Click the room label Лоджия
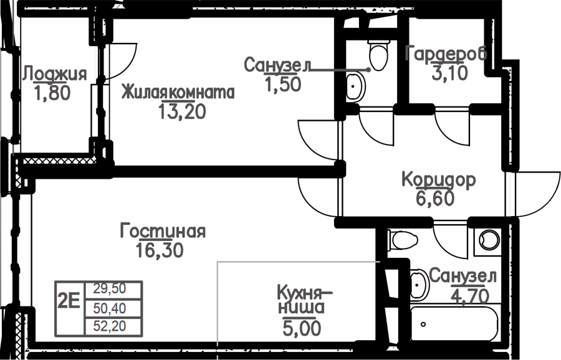pyautogui.click(x=54, y=74)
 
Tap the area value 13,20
pyautogui.click(x=182, y=112)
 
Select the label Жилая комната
pyautogui.click(x=178, y=92)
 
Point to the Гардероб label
pyautogui.click(x=446, y=54)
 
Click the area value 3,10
pyautogui.click(x=449, y=73)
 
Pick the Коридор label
pyautogui.click(x=439, y=179)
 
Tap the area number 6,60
pyautogui.click(x=435, y=197)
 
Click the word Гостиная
pyautogui.click(x=163, y=231)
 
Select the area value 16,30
pyautogui.click(x=160, y=250)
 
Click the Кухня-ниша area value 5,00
pyautogui.click(x=302, y=328)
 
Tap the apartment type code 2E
pyautogui.click(x=69, y=301)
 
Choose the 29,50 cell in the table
pyautogui.click(x=110, y=288)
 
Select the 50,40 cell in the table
pyautogui.click(x=110, y=308)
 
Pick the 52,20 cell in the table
pyautogui.click(x=110, y=326)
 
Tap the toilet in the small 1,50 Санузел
pyautogui.click(x=378, y=54)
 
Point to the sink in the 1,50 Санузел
pyautogui.click(x=356, y=87)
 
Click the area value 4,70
pyautogui.click(x=471, y=296)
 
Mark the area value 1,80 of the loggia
pyautogui.click(x=52, y=93)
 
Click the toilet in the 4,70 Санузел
pyautogui.click(x=403, y=240)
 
